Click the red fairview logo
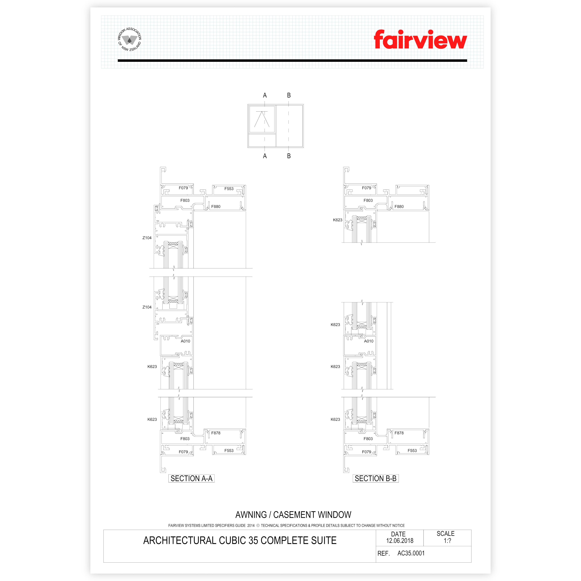click(x=420, y=39)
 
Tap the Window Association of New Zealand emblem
click(x=129, y=39)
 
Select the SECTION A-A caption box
click(x=191, y=478)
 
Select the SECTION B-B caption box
click(x=376, y=478)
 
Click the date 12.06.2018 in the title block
click(x=400, y=540)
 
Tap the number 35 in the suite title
click(x=253, y=540)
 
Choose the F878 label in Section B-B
click(x=399, y=433)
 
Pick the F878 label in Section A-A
click(x=216, y=433)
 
